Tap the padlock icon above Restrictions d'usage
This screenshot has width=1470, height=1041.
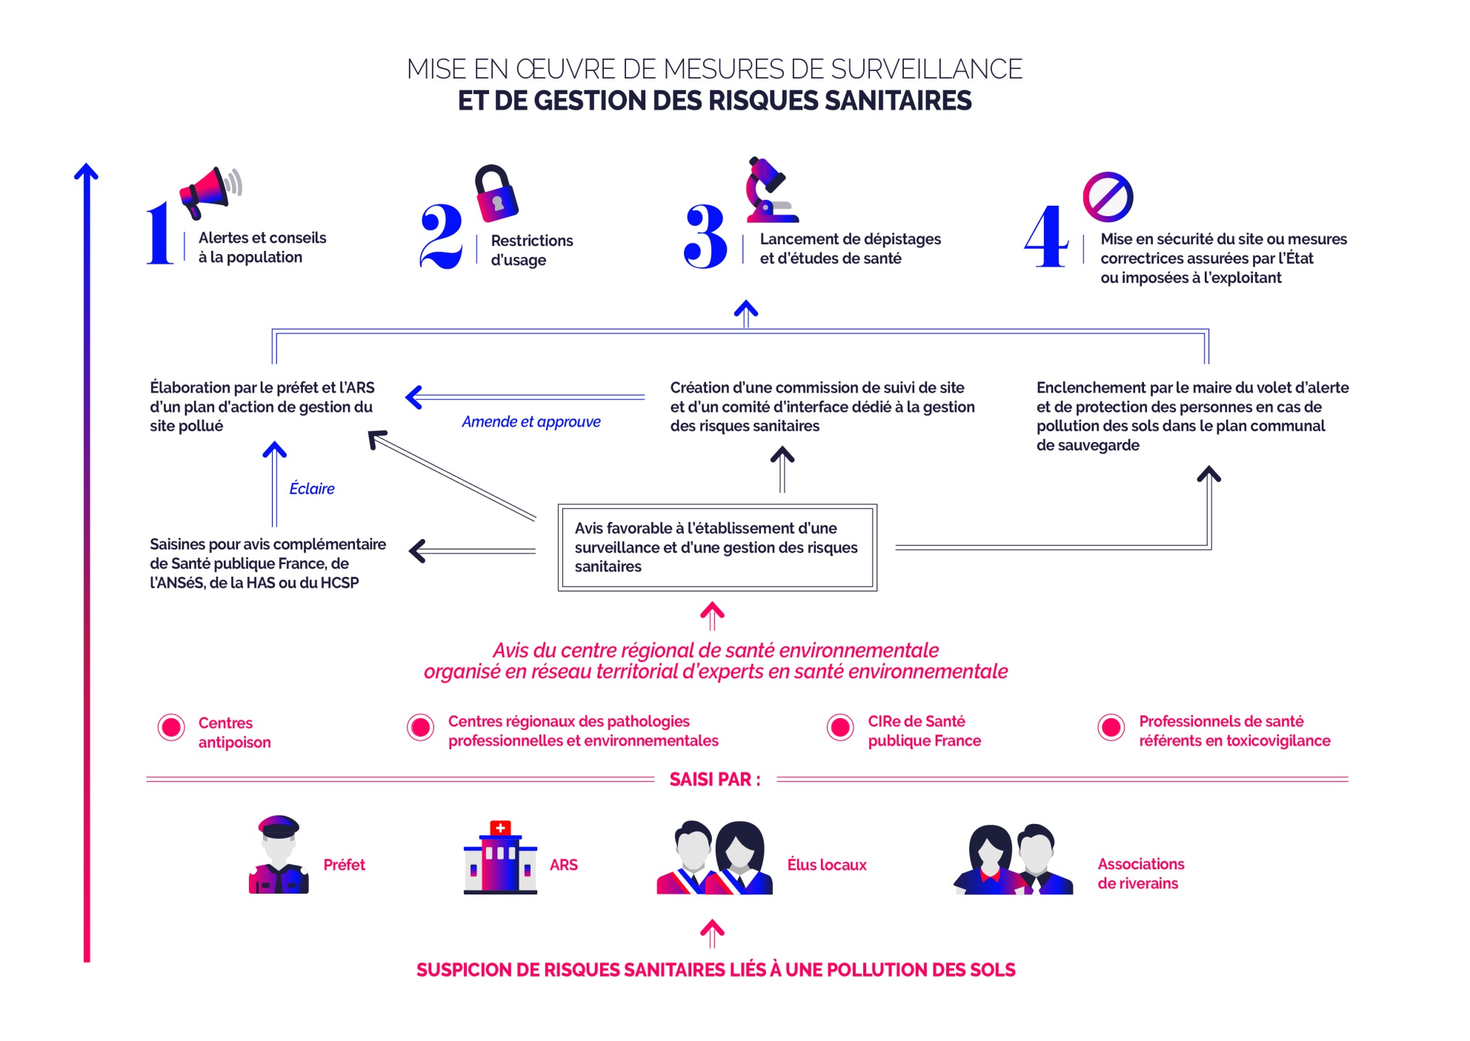coord(496,194)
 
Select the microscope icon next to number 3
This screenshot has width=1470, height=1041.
coord(771,191)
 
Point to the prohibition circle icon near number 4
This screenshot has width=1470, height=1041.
coord(1108,197)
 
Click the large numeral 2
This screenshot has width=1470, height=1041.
coord(441,236)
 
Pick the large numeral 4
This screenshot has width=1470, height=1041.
coord(1046,236)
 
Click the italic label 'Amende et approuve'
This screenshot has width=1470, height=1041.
coord(531,422)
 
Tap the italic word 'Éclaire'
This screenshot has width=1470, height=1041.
coord(312,489)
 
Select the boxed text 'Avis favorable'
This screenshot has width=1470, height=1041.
coord(716,548)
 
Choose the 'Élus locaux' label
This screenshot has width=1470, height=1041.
coord(826,865)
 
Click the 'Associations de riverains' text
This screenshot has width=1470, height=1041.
coord(1140,874)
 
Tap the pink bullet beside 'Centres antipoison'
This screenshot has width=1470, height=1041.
coord(171,728)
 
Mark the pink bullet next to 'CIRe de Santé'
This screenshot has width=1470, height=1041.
coord(840,728)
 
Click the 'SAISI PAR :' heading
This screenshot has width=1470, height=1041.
coord(714,780)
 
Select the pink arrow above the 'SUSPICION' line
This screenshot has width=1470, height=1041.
coord(712,933)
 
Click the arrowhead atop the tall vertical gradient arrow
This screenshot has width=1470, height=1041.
coord(86,172)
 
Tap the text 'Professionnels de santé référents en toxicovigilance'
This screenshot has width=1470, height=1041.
coord(1234,732)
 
